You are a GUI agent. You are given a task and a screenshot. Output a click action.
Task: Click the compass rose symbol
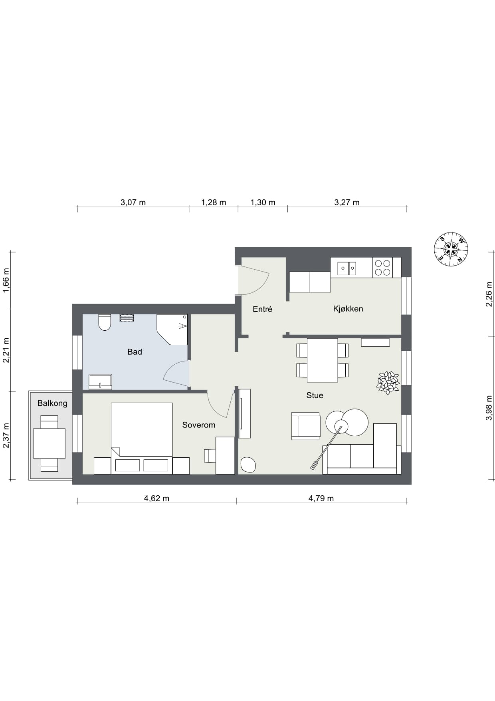click(x=451, y=249)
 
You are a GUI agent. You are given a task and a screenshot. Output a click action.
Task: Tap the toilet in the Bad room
click(x=105, y=322)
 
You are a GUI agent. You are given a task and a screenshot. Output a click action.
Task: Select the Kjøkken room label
click(x=348, y=309)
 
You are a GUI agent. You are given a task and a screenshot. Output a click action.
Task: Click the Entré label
click(x=262, y=309)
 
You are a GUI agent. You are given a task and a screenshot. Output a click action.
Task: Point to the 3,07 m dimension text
click(x=133, y=203)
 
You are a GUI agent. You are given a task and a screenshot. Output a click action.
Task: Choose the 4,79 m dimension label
click(x=321, y=498)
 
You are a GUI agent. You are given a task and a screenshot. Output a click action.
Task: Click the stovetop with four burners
click(x=382, y=268)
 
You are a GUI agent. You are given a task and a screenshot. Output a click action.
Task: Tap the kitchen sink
click(x=346, y=268)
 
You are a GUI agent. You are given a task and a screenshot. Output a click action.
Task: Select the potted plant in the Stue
click(x=388, y=382)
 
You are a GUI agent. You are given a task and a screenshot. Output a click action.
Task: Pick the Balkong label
click(x=52, y=403)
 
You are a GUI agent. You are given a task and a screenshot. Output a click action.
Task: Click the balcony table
click(x=49, y=443)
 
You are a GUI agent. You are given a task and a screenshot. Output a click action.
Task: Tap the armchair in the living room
click(x=305, y=426)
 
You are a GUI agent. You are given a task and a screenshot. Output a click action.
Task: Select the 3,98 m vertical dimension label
click(x=489, y=408)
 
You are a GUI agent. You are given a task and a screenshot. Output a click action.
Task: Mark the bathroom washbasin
click(x=100, y=381)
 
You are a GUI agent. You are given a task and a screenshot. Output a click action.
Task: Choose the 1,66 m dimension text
click(x=6, y=280)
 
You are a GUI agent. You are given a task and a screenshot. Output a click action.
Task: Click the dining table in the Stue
click(x=322, y=360)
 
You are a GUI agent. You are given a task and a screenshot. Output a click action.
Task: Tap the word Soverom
click(x=198, y=425)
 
